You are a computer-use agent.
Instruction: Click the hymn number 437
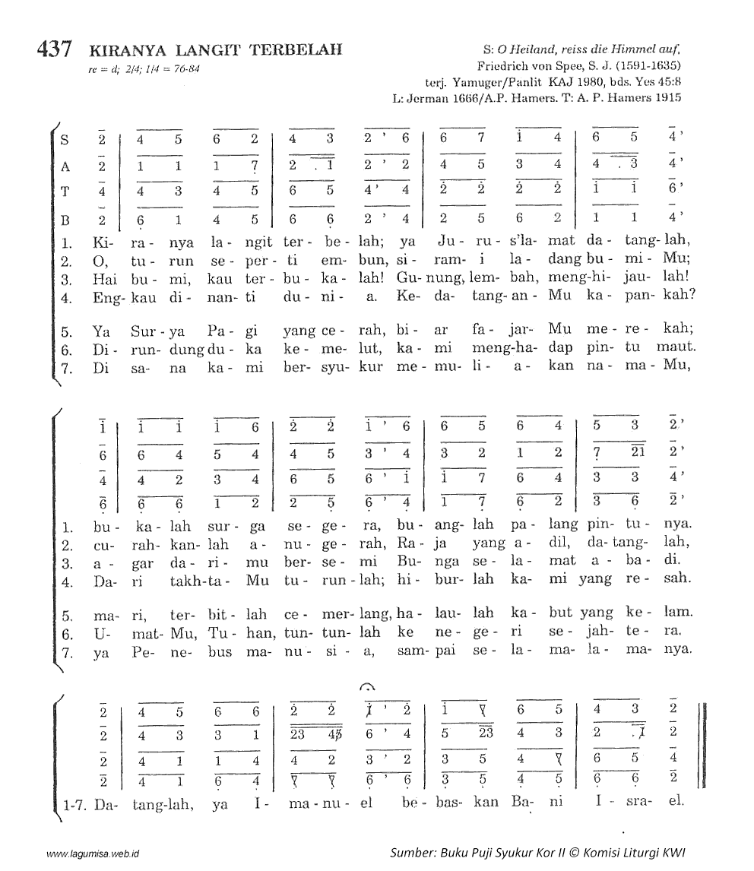(54, 50)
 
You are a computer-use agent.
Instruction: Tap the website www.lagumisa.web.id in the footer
(97, 854)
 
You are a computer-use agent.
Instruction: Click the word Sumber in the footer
(411, 852)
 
